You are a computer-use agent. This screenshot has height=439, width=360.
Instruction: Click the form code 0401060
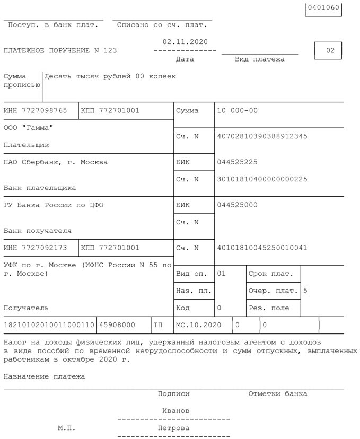pos(323,9)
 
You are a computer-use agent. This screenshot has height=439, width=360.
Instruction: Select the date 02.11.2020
pos(185,42)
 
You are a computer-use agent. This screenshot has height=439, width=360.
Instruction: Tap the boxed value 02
pos(330,51)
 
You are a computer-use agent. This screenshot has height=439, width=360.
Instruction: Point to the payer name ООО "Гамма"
pos(29,128)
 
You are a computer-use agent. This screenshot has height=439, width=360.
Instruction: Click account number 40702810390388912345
pos(262,136)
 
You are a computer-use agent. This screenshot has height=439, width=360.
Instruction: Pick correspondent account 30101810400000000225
pos(262,179)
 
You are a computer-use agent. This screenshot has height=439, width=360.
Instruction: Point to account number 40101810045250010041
pos(262,248)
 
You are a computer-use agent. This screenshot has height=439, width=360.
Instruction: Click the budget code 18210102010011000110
pos(49,324)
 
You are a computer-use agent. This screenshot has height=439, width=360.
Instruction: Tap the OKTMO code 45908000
pos(117,324)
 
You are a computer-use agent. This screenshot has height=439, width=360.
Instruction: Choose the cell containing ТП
pos(158,324)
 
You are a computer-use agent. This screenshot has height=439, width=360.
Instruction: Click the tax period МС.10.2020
pos(198,324)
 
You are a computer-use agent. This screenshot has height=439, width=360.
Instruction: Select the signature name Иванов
pos(175,411)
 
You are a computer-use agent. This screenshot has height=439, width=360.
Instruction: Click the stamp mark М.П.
pos(67,428)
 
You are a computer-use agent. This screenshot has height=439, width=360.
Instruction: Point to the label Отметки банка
pos(277,394)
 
